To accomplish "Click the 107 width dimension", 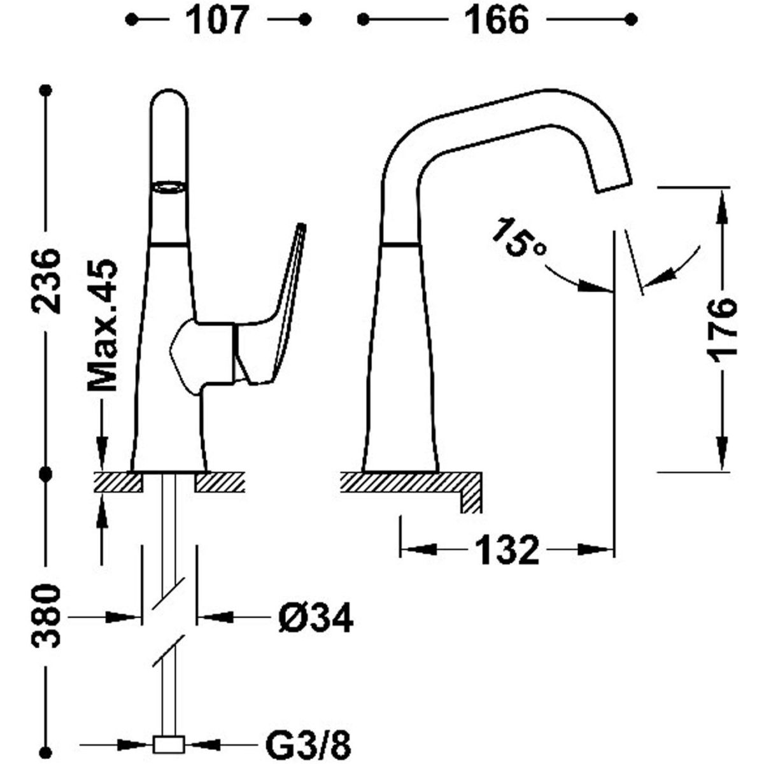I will tap(217, 20).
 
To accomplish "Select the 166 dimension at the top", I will tap(497, 20).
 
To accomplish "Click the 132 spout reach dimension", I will tap(506, 549).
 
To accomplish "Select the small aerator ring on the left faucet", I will tap(169, 187).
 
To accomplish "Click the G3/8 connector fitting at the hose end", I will tap(169, 743).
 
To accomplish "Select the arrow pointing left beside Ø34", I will tap(214, 616).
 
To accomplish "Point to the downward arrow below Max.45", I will tap(101, 443).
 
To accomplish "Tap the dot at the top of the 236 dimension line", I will tap(45, 90).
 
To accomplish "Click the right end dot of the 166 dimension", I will tap(631, 20).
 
